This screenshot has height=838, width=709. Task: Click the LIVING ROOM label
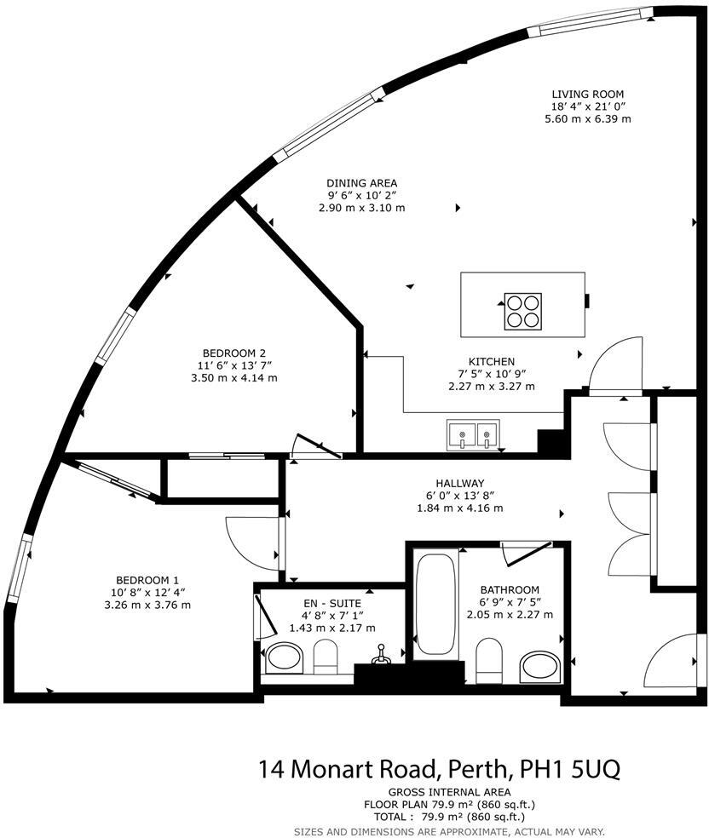click(x=587, y=94)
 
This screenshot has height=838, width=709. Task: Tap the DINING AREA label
click(x=361, y=182)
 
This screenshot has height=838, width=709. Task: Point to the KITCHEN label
click(x=491, y=361)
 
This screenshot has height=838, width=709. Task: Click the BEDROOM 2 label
click(x=234, y=353)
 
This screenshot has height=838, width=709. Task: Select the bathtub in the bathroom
click(x=436, y=604)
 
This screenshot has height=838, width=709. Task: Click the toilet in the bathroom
click(x=489, y=662)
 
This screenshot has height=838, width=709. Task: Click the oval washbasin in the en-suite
click(x=285, y=657)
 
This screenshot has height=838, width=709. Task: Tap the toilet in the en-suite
click(x=326, y=657)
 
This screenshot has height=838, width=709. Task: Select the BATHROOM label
click(x=510, y=589)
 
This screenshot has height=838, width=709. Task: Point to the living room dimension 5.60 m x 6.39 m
click(x=588, y=119)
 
